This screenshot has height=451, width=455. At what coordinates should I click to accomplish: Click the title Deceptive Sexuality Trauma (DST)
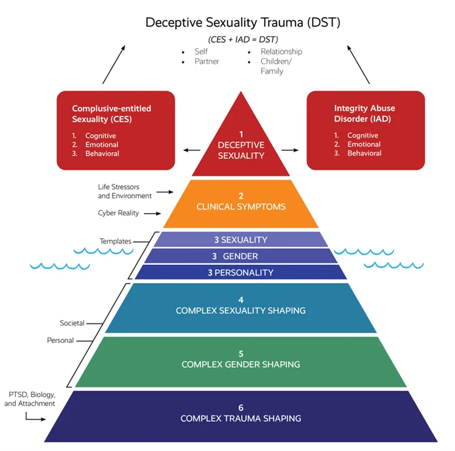[x=242, y=23]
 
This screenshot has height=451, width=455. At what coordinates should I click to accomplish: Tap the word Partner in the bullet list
[x=208, y=62]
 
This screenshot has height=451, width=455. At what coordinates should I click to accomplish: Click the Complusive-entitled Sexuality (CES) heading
[x=111, y=113]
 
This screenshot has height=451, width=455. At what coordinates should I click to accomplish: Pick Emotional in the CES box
[x=102, y=145]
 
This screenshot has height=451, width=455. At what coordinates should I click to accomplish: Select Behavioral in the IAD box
[x=364, y=153]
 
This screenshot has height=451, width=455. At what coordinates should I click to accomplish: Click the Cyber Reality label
[x=118, y=213]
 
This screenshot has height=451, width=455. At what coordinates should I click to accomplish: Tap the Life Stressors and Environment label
[x=124, y=191]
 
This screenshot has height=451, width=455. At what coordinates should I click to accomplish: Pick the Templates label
[x=116, y=241]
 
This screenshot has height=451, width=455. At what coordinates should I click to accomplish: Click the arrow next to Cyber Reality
[x=153, y=213]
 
